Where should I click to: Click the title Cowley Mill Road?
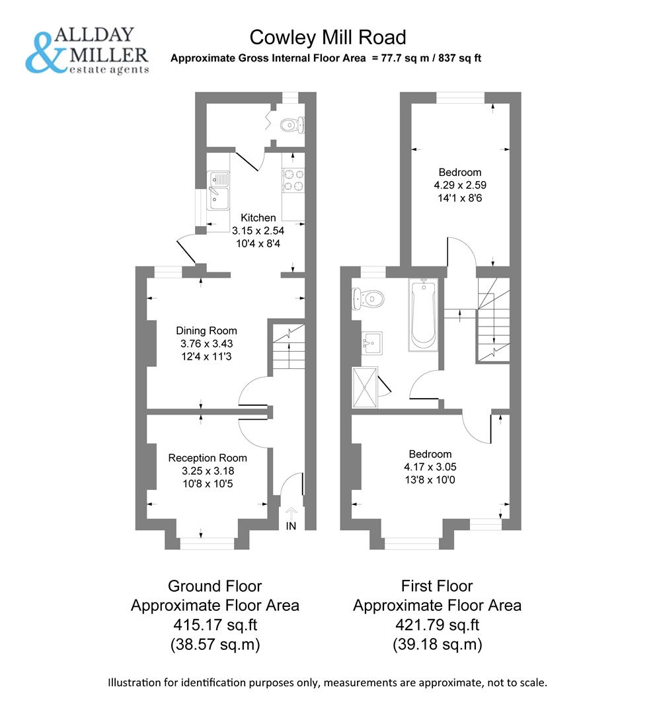(327, 36)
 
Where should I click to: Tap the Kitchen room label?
(258, 218)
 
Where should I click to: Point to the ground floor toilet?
(291, 124)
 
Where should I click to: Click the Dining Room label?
(206, 331)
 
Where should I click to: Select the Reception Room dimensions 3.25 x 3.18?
(208, 471)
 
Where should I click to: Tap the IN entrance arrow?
(291, 512)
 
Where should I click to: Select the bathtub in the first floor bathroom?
(423, 313)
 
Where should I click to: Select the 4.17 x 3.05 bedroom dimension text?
(430, 466)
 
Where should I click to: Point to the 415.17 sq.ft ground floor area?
(215, 625)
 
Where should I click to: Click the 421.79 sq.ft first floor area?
(437, 625)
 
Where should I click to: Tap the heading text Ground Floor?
(215, 586)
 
